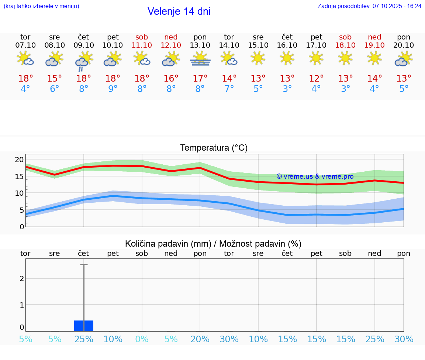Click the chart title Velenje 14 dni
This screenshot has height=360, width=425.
click(x=179, y=11)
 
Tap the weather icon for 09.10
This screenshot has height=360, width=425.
click(x=84, y=60)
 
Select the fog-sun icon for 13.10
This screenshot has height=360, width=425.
click(x=200, y=59)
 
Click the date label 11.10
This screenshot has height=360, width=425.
click(x=142, y=45)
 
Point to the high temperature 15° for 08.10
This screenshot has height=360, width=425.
click(x=55, y=79)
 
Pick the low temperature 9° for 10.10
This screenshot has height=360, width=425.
click(x=113, y=89)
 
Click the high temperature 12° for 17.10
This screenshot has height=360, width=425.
click(x=317, y=79)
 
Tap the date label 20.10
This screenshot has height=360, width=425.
click(x=404, y=45)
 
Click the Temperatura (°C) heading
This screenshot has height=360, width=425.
click(x=214, y=148)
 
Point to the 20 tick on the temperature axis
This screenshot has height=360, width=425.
click(x=19, y=160)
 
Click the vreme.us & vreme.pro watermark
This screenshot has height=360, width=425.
click(x=315, y=176)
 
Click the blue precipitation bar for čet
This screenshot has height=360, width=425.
click(x=84, y=326)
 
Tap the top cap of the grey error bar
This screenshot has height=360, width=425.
click(x=84, y=265)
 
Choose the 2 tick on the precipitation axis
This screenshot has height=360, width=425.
click(x=22, y=278)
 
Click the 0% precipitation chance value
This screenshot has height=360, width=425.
click(x=142, y=339)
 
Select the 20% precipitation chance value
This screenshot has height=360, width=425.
click(x=200, y=339)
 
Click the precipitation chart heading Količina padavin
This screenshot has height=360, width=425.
click(x=167, y=244)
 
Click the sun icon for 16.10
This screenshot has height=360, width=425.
click(x=287, y=58)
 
